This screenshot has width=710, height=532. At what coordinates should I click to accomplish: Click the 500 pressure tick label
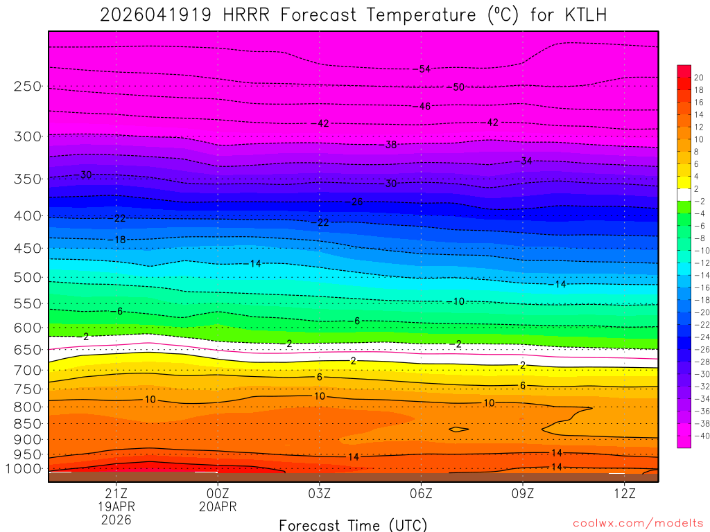28,277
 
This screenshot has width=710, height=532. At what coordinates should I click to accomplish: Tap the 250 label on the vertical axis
28,87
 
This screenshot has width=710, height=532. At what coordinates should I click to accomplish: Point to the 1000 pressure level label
24,469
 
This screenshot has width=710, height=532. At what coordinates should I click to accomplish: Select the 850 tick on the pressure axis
28,423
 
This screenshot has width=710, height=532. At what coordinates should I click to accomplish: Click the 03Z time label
319,493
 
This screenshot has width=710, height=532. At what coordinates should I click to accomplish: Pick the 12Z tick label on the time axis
625,493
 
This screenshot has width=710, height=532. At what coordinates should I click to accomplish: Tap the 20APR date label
218,507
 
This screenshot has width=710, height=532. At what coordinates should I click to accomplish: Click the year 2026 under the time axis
116,520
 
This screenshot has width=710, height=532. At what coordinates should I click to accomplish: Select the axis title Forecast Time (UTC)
354,524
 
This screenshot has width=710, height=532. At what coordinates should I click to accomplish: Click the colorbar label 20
699,78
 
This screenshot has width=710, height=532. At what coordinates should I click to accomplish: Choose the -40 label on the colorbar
699,436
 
